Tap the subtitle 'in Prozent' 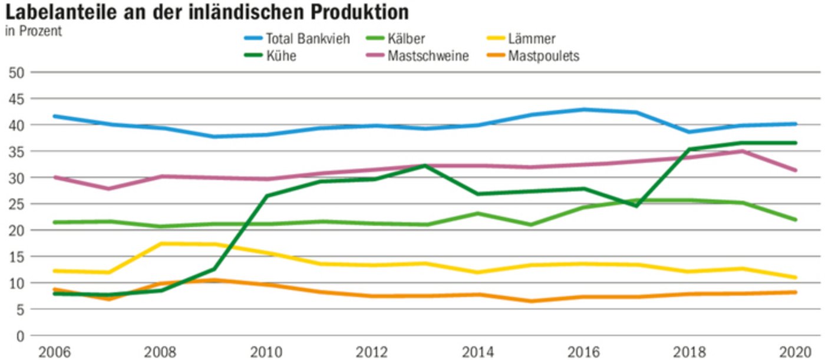(33, 31)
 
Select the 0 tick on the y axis (19, 336)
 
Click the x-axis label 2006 (54, 352)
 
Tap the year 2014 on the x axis (477, 352)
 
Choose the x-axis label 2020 (796, 352)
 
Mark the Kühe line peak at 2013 (425, 166)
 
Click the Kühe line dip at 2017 (636, 206)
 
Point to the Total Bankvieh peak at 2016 (583, 110)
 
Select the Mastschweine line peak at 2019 (742, 151)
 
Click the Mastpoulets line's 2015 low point (530, 301)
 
